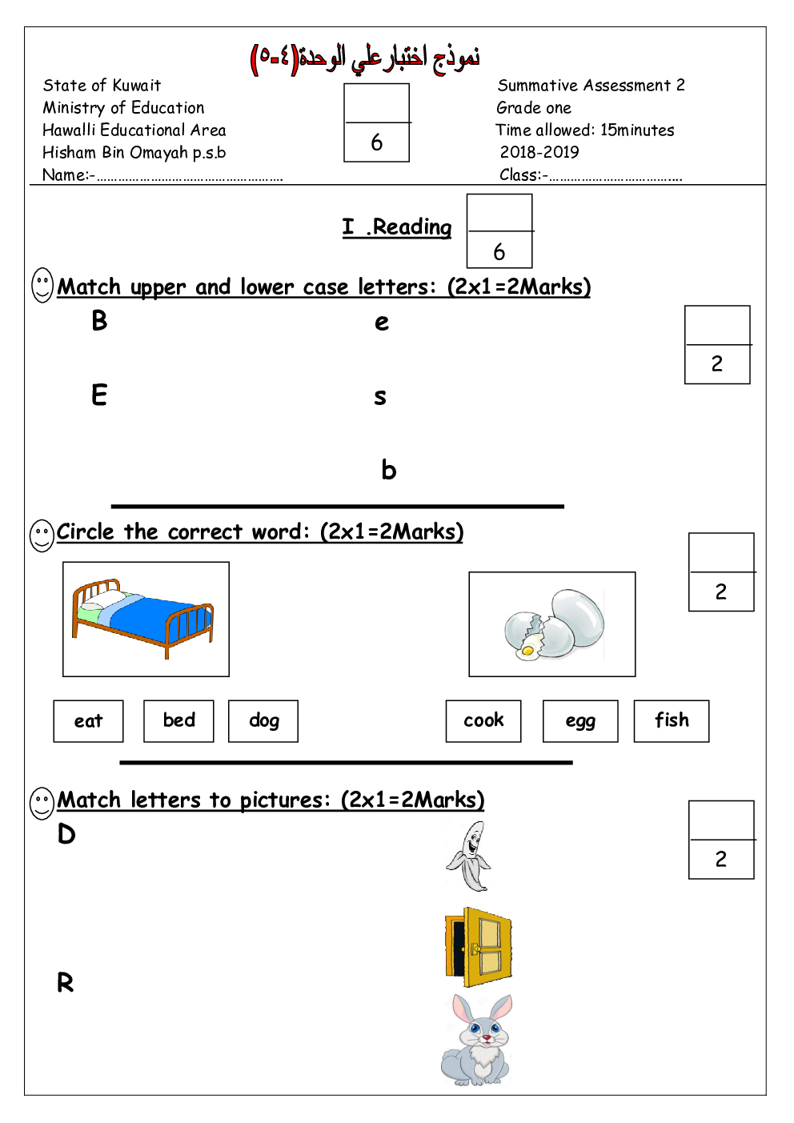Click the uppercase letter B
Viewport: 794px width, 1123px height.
click(x=99, y=320)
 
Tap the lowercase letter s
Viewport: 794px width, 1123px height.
click(x=380, y=397)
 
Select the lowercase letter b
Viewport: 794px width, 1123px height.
click(x=388, y=471)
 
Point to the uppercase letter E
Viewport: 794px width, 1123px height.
click(x=99, y=395)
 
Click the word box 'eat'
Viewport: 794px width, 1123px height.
click(x=88, y=721)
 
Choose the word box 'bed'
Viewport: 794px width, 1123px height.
click(x=178, y=721)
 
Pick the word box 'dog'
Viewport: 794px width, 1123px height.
click(x=263, y=721)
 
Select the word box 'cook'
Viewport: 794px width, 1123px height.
click(x=483, y=721)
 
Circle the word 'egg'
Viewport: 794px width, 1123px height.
click(x=580, y=721)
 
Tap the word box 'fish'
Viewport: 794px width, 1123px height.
click(x=672, y=721)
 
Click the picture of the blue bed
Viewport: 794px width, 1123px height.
click(x=146, y=620)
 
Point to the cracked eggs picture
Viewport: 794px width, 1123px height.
click(x=552, y=624)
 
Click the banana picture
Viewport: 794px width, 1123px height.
click(x=469, y=856)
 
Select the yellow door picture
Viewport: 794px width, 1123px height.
click(x=478, y=947)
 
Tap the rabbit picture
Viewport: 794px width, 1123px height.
click(x=476, y=1040)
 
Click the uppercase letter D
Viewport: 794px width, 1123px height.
click(x=66, y=835)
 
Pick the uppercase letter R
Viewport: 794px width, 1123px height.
click(x=65, y=983)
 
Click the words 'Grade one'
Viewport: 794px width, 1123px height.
click(x=534, y=108)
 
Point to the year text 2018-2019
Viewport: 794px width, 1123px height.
click(x=539, y=152)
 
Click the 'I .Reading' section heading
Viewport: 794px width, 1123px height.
click(x=397, y=227)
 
